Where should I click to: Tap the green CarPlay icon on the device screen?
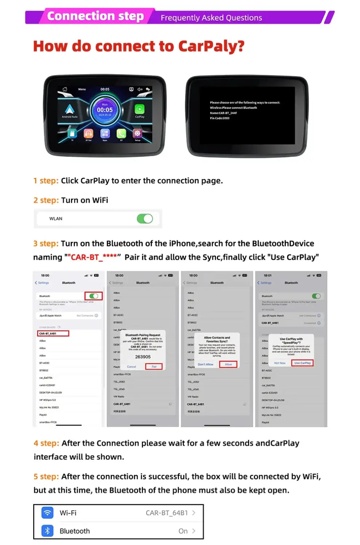coord(140,109)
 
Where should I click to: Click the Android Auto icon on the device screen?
coord(69,109)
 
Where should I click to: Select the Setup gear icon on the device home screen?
coord(137,133)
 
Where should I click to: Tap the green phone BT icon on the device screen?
coord(121,133)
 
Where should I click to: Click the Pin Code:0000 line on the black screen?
coord(220,118)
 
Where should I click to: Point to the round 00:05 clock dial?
coord(105,110)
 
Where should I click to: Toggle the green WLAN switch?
coord(145,219)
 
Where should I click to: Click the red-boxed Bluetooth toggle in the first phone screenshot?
coord(93,296)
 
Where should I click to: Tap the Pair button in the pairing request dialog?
coord(154,367)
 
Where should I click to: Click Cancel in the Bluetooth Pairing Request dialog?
coord(132,367)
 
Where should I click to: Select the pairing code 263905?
coord(143,357)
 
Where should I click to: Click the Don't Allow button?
coord(205,364)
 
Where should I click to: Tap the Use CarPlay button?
coord(302,363)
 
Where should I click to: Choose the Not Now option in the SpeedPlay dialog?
coord(280,363)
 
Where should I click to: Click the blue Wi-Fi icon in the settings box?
coord(47,513)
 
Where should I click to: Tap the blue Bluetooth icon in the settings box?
coord(47,531)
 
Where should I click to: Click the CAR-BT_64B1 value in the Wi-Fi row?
coord(167,513)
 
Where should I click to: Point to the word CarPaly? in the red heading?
coord(211,47)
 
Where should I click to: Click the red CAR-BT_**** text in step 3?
coord(93,257)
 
